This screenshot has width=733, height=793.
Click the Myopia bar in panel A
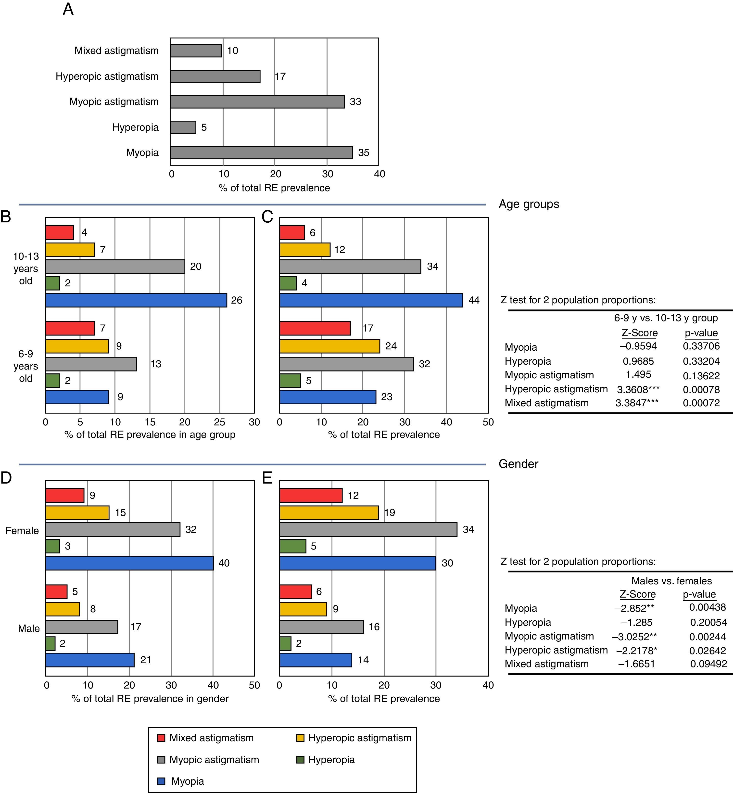point(261,153)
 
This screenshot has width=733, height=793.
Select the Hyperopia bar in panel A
point(183,127)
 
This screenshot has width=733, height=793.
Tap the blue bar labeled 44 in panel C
point(371,300)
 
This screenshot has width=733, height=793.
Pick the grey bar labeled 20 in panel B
point(115,267)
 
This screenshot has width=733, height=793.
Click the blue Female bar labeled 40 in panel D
point(129,563)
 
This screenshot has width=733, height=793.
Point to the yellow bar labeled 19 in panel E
point(329,512)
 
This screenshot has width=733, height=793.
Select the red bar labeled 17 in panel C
point(315,329)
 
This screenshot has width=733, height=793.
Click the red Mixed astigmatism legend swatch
point(161,738)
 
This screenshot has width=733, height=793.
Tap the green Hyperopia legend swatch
point(300,760)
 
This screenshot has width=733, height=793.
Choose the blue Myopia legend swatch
point(161,781)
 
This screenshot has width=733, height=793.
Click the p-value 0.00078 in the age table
point(701,390)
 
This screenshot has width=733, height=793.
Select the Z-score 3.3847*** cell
point(637,403)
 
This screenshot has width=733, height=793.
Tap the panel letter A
point(68,9)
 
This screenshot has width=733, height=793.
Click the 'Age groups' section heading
point(529,204)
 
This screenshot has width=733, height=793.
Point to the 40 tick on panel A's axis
point(379,174)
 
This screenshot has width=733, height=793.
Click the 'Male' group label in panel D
point(28,628)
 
